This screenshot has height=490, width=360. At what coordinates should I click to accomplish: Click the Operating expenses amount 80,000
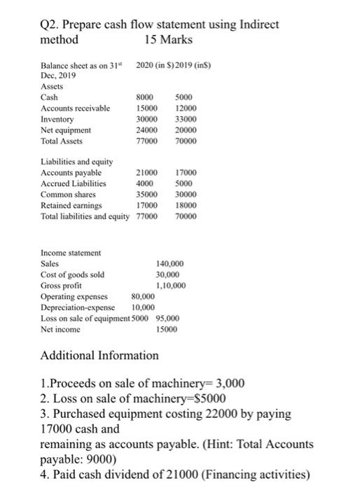143,296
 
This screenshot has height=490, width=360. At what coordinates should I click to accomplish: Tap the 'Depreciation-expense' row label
77,307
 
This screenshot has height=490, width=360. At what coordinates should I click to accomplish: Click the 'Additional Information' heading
99,356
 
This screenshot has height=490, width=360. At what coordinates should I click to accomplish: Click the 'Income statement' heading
71,252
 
